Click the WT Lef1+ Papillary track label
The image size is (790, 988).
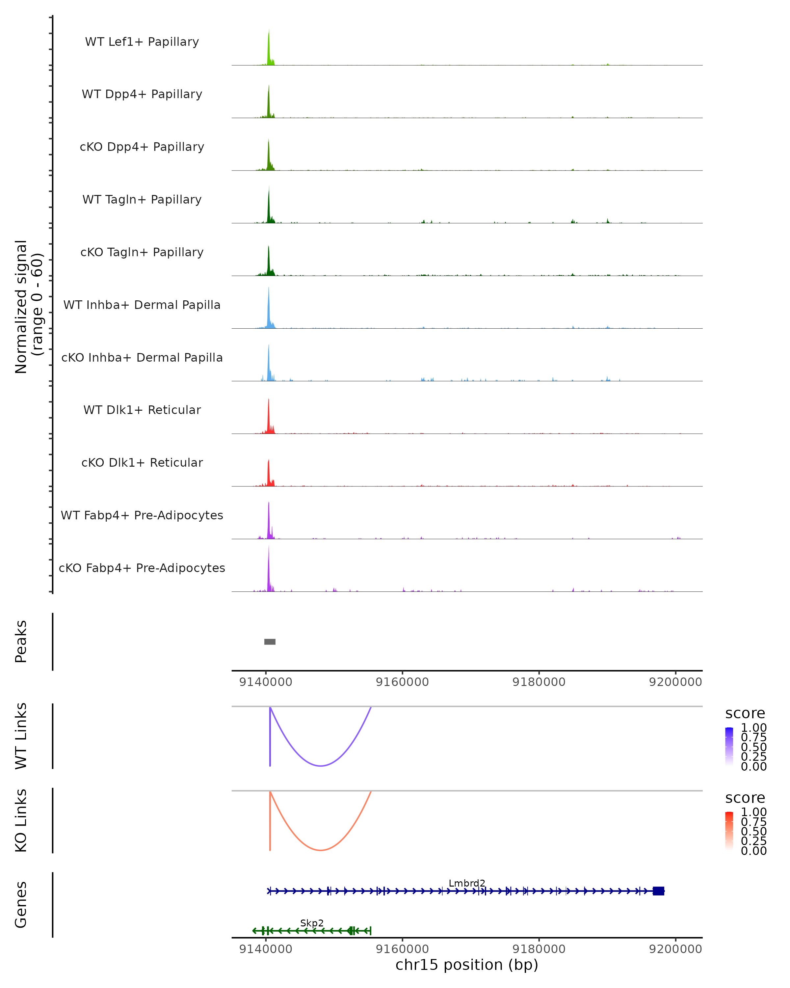142,42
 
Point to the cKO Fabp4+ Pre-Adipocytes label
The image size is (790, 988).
142,568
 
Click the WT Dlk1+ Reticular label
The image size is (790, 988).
142,410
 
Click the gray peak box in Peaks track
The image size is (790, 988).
270,642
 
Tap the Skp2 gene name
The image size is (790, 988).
312,923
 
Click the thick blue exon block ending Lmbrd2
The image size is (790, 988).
658,891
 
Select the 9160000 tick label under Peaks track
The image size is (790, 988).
402,682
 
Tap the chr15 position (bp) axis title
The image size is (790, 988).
467,965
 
